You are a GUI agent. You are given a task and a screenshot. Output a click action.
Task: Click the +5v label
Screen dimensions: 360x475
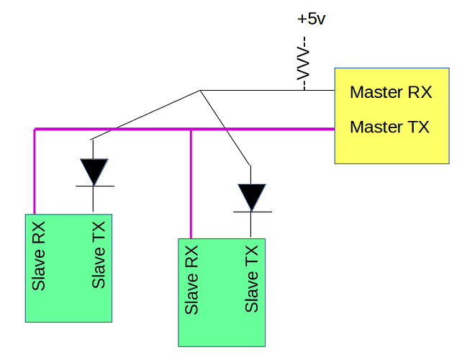pyautogui.click(x=311, y=19)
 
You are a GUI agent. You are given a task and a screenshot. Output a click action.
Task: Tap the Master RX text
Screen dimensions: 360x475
pyautogui.click(x=390, y=93)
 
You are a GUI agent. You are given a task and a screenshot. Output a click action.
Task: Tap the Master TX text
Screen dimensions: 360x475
pyautogui.click(x=389, y=127)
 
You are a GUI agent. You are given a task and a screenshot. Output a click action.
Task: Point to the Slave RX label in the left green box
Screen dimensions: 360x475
pyautogui.click(x=40, y=256)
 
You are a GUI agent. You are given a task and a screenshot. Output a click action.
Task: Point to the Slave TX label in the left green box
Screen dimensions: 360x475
pyautogui.click(x=99, y=256)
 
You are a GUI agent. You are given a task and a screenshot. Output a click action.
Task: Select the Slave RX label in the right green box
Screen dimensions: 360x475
pyautogui.click(x=192, y=281)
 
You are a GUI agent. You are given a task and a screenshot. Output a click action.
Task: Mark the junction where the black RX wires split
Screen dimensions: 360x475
pyautogui.click(x=199, y=91)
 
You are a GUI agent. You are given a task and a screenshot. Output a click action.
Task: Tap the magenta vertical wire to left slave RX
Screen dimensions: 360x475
pyautogui.click(x=35, y=173)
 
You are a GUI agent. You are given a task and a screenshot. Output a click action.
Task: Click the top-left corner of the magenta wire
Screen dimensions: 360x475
pyautogui.click(x=35, y=130)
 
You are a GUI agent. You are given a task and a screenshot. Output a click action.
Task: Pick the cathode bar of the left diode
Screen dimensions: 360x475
pyautogui.click(x=94, y=186)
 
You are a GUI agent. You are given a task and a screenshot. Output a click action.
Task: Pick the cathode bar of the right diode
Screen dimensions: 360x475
pyautogui.click(x=251, y=212)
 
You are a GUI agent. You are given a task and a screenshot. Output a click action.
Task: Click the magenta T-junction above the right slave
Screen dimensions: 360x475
pyautogui.click(x=191, y=130)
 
